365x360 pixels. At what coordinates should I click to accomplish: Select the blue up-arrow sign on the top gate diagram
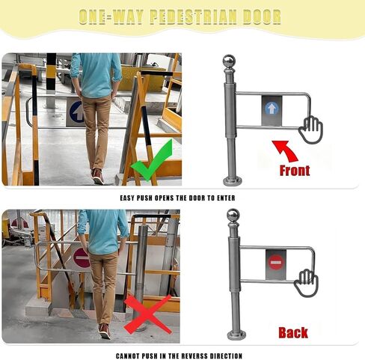(x=272, y=109)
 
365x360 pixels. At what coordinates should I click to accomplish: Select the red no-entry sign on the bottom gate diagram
(x=275, y=262)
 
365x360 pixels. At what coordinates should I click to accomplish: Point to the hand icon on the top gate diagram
(x=310, y=130)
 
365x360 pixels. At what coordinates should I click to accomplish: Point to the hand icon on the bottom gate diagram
(x=306, y=283)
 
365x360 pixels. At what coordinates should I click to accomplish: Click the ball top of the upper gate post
(x=230, y=61)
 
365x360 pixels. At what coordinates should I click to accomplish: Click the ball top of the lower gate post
(x=233, y=216)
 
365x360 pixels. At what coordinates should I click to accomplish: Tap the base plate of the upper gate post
(x=231, y=180)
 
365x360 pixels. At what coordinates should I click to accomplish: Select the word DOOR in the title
(x=261, y=17)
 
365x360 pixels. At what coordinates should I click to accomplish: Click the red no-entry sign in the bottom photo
(x=82, y=258)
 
